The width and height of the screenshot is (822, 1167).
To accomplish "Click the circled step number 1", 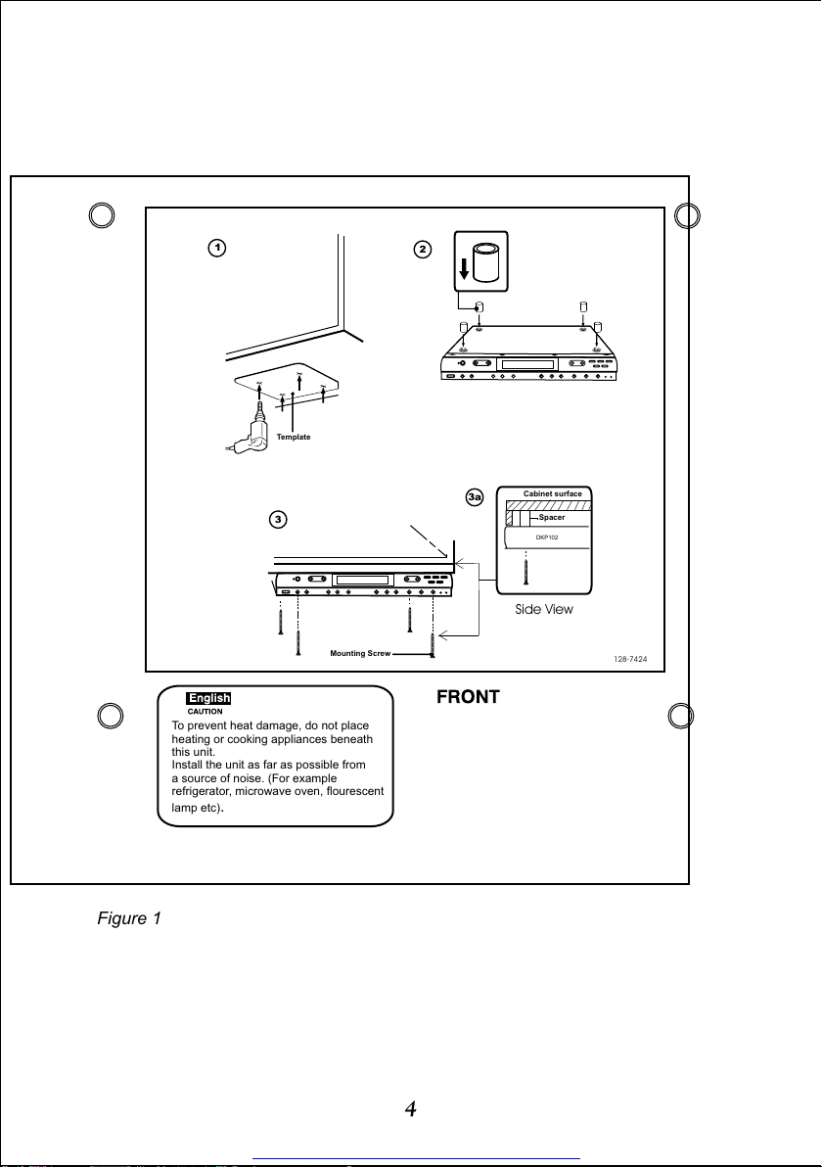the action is coord(216,248).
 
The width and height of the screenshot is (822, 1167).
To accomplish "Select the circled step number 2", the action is coord(423,250).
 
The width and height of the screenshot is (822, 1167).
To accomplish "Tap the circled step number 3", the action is coord(278,520).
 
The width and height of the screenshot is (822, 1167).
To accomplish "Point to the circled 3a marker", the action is coord(475,496).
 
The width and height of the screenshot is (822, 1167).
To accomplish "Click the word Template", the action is coord(294,437).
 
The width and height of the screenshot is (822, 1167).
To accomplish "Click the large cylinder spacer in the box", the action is coord(487,261).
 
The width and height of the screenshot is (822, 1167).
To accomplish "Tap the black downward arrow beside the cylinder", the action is coord(464,267).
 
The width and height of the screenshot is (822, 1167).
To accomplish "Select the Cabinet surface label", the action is coord(553,493).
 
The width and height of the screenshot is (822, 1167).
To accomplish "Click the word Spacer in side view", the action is coord(552,517).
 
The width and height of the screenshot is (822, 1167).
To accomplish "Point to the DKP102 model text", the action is coord(547,537).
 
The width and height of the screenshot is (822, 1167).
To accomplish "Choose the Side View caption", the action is coord(544,609).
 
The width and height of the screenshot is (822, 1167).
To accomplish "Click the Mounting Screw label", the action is coord(360,653).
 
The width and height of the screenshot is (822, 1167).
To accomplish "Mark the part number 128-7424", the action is coord(630,660).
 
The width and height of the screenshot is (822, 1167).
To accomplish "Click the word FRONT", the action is coord(468,697).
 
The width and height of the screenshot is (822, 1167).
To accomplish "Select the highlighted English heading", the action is coord(209,698).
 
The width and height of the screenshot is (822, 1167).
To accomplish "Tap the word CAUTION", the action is coord(205,712).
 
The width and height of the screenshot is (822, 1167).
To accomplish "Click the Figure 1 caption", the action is coord(129,918).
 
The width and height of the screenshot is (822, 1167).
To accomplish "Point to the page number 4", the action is coord(411,1109).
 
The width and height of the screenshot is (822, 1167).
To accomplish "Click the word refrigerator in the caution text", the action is coord(202,792).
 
